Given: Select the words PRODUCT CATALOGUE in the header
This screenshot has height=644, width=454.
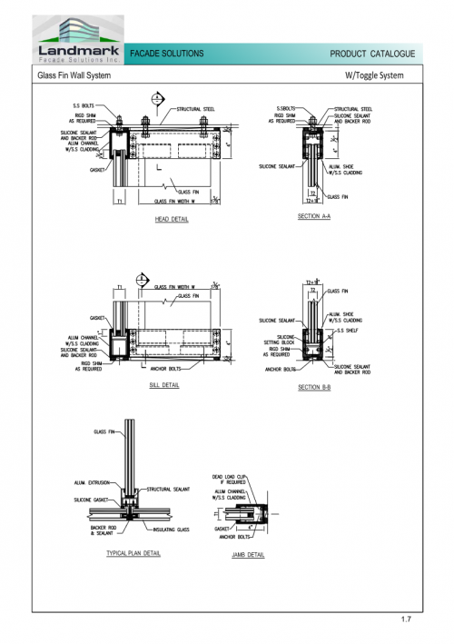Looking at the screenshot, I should pyautogui.click(x=372, y=54).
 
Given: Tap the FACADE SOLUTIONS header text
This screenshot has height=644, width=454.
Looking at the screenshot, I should pyautogui.click(x=168, y=54).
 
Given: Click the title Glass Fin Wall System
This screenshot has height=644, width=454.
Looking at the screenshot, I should pyautogui.click(x=74, y=76).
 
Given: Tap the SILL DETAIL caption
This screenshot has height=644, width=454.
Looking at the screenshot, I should pyautogui.click(x=165, y=385).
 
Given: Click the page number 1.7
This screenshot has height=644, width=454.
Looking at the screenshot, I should pyautogui.click(x=406, y=619).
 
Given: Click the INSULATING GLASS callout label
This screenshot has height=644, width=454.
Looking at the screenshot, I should pyautogui.click(x=172, y=519).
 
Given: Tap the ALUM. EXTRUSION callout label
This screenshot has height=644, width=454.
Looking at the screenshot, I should pyautogui.click(x=92, y=482).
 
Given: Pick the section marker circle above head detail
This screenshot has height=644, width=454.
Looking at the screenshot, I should pyautogui.click(x=158, y=98).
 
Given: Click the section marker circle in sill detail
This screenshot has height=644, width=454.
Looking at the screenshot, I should pyautogui.click(x=142, y=279).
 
